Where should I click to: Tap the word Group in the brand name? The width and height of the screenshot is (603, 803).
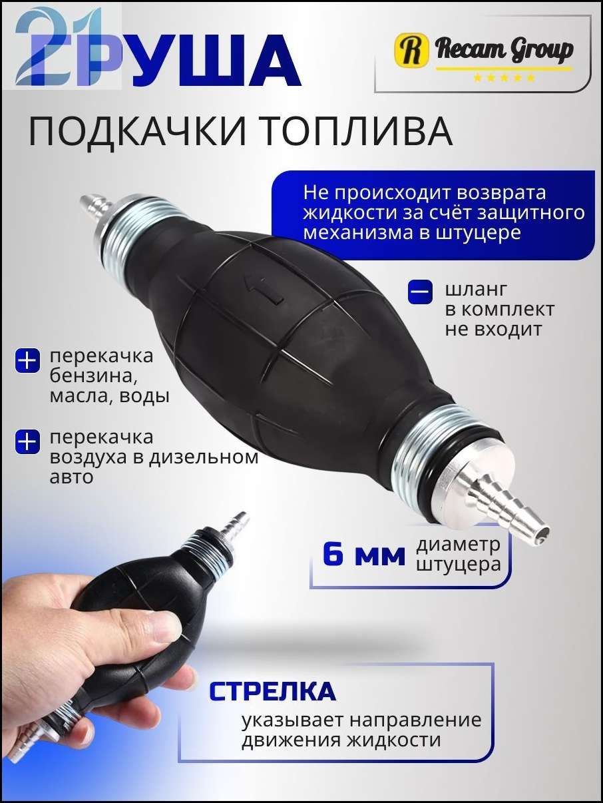(537, 51)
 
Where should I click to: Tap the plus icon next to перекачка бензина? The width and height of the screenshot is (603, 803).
(27, 360)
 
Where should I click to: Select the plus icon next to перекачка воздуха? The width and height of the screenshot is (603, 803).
(27, 441)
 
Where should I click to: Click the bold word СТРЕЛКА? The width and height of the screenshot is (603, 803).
(272, 691)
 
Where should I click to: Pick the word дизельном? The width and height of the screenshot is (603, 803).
(203, 457)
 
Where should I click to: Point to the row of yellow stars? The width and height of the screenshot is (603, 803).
(504, 78)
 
